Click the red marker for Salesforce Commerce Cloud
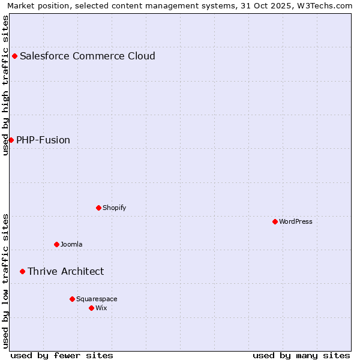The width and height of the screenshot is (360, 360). (x=15, y=56)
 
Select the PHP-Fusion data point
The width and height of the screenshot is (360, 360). (x=11, y=140)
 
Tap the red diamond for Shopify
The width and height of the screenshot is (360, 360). (x=98, y=208)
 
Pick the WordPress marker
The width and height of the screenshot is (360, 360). (x=275, y=221)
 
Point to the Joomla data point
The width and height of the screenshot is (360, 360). (x=56, y=244)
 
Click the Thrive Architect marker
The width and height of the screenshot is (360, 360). (x=22, y=271)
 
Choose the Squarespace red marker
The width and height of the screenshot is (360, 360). (x=72, y=299)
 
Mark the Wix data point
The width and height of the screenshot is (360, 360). (x=91, y=308)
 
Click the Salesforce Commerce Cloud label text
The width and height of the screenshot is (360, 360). (x=88, y=56)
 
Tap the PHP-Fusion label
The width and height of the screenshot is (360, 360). (x=43, y=140)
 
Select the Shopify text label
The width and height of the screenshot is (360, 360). (x=114, y=208)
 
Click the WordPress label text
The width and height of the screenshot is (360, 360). (x=296, y=222)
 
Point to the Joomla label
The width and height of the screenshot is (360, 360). (x=71, y=245)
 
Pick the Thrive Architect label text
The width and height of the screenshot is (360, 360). (x=65, y=272)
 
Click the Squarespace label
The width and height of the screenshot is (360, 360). (x=97, y=299)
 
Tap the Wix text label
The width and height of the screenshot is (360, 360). (x=101, y=308)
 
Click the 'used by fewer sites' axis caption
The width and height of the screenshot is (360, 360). (x=62, y=355)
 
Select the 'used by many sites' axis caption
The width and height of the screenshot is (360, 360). (x=301, y=355)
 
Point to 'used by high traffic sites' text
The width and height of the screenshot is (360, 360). (x=5, y=85)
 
